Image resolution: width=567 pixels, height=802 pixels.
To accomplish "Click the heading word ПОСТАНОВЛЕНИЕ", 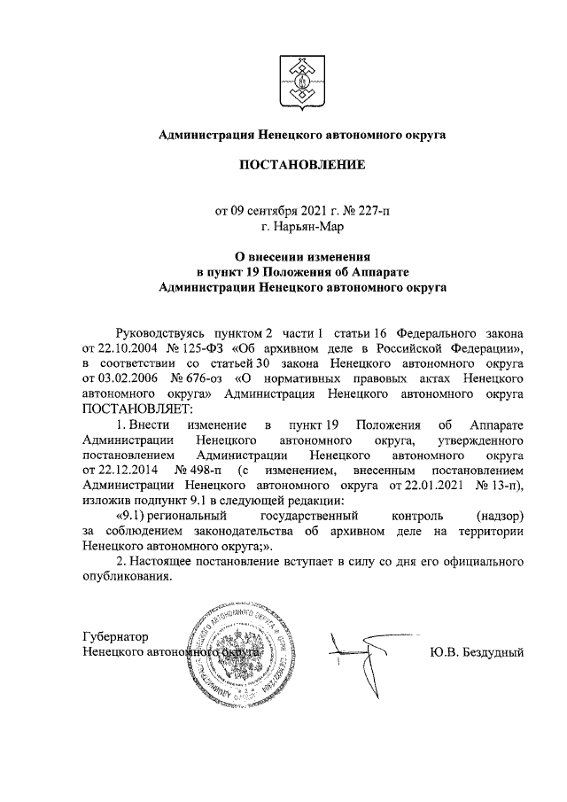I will (300, 166).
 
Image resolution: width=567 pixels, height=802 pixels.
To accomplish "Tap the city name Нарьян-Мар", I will (307, 226).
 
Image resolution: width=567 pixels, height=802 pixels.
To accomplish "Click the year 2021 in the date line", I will (314, 211).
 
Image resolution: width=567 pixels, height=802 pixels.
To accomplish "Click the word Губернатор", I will (113, 637).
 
